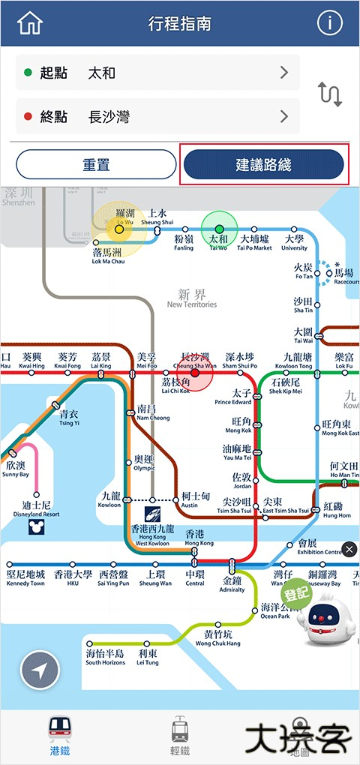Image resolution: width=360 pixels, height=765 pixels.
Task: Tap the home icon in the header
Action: click(30, 24)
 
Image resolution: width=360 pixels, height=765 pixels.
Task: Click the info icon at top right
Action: click(329, 24)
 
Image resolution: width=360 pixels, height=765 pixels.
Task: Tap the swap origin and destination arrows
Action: click(330, 94)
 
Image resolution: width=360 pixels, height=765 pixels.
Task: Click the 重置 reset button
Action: click(96, 165)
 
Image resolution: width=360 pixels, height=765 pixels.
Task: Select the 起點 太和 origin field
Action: click(157, 73)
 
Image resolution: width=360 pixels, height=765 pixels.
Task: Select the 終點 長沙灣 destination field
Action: click(157, 116)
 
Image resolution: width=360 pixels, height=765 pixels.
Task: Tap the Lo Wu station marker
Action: click(118, 229)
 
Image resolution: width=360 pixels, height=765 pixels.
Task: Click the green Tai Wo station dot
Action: click(219, 229)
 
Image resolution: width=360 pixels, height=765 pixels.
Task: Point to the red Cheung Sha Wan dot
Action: click(195, 373)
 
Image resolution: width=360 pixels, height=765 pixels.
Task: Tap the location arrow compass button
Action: click(40, 670)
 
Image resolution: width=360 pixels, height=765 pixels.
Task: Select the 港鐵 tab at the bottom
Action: click(60, 735)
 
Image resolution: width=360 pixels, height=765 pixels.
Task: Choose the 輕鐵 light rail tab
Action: click(180, 735)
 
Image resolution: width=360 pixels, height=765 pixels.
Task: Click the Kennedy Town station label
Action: click(25, 578)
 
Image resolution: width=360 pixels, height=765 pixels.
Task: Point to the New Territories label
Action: click(192, 299)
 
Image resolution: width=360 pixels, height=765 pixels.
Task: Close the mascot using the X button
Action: click(349, 550)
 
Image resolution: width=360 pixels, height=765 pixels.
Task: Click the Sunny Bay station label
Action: click(15, 469)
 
